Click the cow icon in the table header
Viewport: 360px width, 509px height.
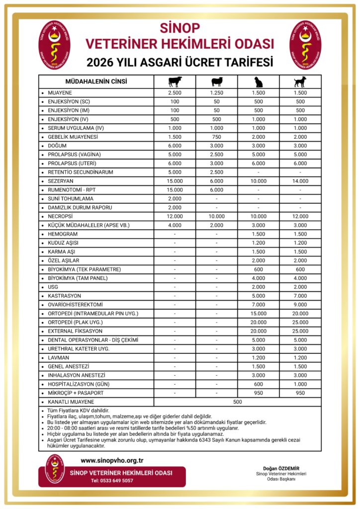point(175,82)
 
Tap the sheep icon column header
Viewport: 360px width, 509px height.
point(217,82)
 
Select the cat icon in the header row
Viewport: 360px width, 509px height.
point(258,82)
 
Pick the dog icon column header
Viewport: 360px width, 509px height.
point(300,82)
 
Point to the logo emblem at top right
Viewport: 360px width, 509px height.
point(305,45)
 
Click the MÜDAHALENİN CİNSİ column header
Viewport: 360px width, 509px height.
point(96,82)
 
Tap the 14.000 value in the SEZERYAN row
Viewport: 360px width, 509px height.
point(300,180)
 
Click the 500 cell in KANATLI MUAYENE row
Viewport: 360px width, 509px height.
point(237,401)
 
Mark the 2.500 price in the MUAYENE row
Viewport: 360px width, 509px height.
point(175,93)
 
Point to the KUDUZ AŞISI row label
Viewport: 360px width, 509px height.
point(63,243)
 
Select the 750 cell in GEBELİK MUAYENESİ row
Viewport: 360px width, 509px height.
point(217,137)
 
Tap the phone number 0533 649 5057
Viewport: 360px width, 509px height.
point(112,481)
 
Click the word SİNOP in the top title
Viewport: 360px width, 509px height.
point(180,27)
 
